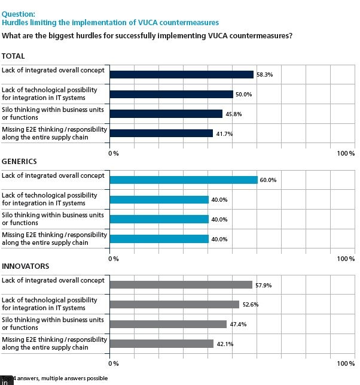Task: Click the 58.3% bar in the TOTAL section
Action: (x=182, y=74)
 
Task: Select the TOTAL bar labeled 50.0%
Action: (x=172, y=94)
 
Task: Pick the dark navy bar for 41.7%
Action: (x=161, y=134)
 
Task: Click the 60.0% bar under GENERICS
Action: (x=184, y=180)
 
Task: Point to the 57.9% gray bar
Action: (x=181, y=285)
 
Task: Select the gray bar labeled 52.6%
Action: (x=175, y=304)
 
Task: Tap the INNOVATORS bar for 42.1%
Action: (x=162, y=344)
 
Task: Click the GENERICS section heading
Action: (x=19, y=162)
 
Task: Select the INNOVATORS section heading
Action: (x=25, y=266)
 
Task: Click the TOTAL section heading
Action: (x=13, y=56)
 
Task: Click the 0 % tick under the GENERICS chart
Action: (x=113, y=259)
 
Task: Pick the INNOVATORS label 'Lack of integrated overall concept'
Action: (x=53, y=280)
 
